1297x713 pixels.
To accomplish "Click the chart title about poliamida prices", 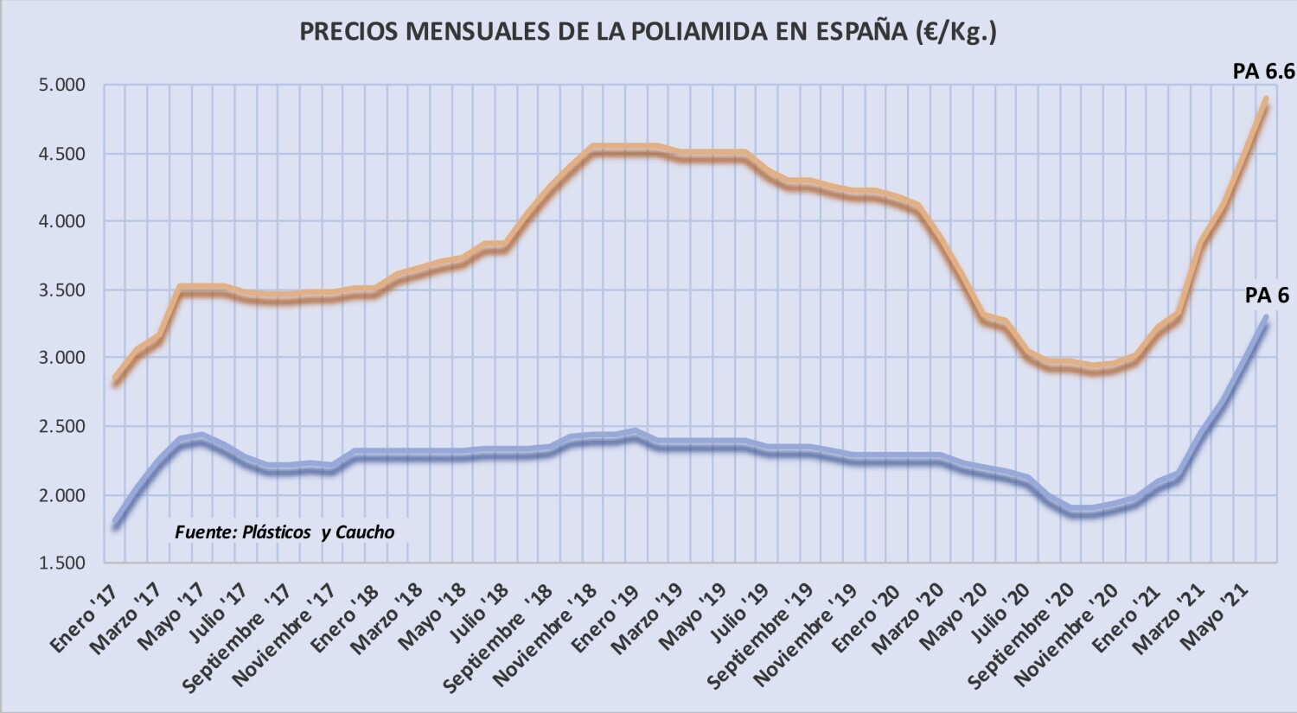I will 648,32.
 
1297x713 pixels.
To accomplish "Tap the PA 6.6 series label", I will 1263,72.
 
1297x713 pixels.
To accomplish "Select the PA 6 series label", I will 1267,296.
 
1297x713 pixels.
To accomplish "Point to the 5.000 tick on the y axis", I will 61,85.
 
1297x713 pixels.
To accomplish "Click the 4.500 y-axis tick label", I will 61,154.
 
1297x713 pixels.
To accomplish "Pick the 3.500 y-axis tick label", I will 61,290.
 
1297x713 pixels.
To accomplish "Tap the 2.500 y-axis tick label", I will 61,426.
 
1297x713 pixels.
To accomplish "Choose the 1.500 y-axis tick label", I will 61,563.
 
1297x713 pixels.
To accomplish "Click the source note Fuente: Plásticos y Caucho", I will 284,532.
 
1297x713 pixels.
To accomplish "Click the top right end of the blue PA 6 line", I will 1266,318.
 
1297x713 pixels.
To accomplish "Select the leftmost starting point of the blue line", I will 116,524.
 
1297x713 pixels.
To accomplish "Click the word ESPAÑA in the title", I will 859,32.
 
